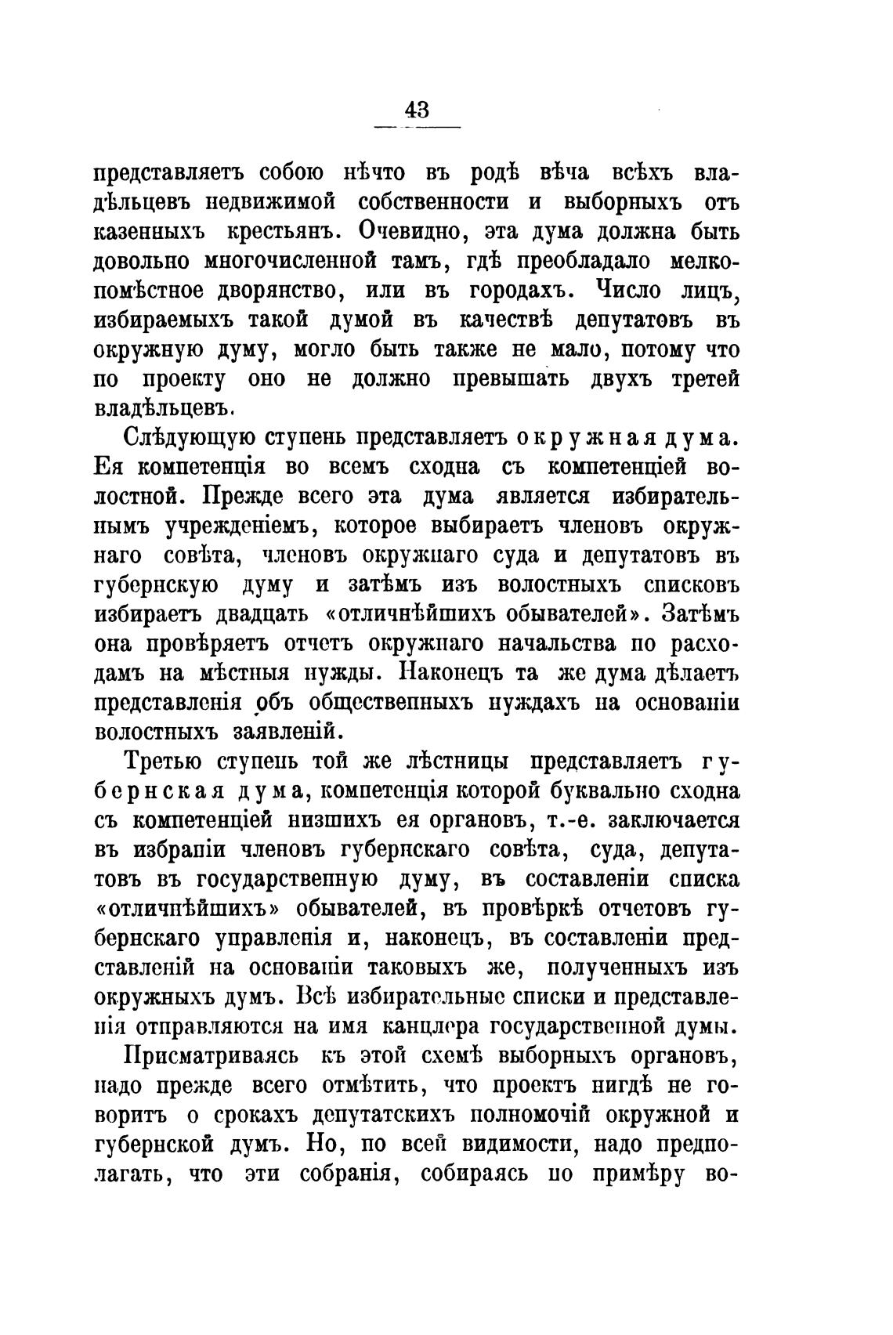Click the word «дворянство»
tap(262, 291)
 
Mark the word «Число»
tap(630, 291)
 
